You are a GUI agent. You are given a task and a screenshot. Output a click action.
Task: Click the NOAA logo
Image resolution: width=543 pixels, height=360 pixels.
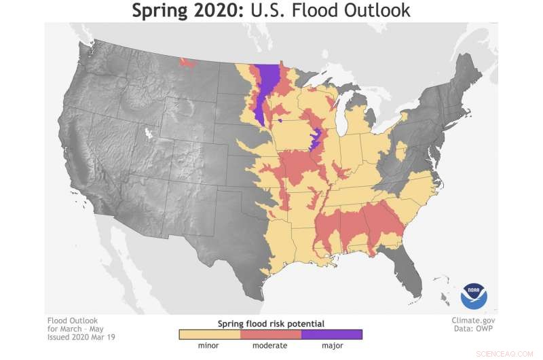coord(474,296)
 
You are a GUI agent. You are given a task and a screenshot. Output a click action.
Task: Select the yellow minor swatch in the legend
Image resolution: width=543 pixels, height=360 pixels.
coord(209,334)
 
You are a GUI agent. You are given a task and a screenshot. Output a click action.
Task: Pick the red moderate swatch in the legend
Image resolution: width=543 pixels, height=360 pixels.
coord(270,334)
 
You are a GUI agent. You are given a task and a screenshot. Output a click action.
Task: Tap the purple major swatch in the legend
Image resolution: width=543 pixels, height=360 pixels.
coord(331,334)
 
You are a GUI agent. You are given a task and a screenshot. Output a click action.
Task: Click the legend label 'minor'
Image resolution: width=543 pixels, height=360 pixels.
coord(209,346)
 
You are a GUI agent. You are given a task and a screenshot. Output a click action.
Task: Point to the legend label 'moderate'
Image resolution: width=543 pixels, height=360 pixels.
coord(270,346)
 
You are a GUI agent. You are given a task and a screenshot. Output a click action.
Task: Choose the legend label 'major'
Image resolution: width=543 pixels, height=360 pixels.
coord(331,346)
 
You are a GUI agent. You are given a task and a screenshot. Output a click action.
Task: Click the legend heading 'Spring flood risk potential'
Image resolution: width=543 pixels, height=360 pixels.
coord(270,323)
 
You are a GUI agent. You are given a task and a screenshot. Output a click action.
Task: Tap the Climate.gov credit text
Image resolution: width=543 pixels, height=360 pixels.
coord(473,320)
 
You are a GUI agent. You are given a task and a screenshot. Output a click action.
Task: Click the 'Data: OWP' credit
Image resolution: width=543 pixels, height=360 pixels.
coord(474,329)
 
